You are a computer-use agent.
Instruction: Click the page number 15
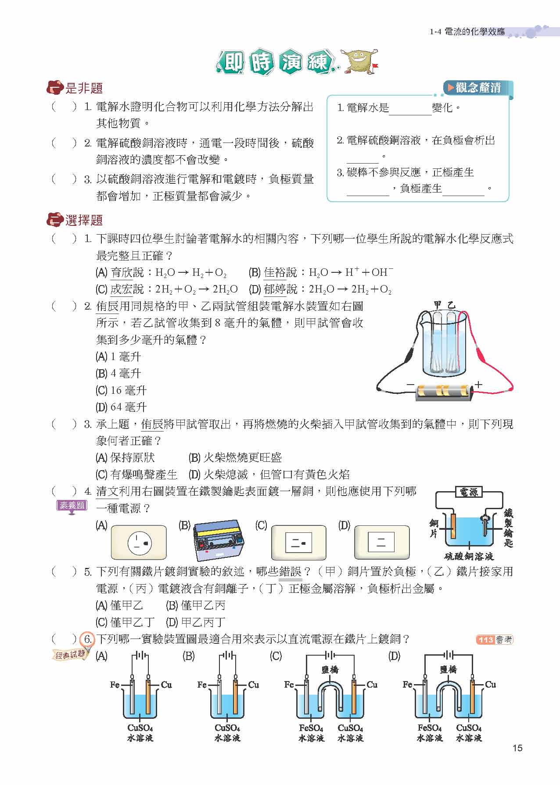(517, 748)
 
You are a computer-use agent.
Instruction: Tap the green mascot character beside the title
(361, 60)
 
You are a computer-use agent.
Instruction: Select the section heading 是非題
(84, 88)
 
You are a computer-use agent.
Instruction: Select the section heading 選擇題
(84, 220)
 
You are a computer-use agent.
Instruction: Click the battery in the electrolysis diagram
(444, 390)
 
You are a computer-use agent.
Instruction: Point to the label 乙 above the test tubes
(452, 304)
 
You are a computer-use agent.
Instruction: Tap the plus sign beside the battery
(478, 384)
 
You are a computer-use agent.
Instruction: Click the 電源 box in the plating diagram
(469, 492)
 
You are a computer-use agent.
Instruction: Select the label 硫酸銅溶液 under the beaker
(469, 557)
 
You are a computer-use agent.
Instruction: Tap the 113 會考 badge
(494, 640)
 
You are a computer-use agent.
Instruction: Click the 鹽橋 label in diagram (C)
(330, 669)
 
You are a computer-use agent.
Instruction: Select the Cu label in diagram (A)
(166, 684)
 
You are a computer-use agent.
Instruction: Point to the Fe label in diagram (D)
(407, 684)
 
